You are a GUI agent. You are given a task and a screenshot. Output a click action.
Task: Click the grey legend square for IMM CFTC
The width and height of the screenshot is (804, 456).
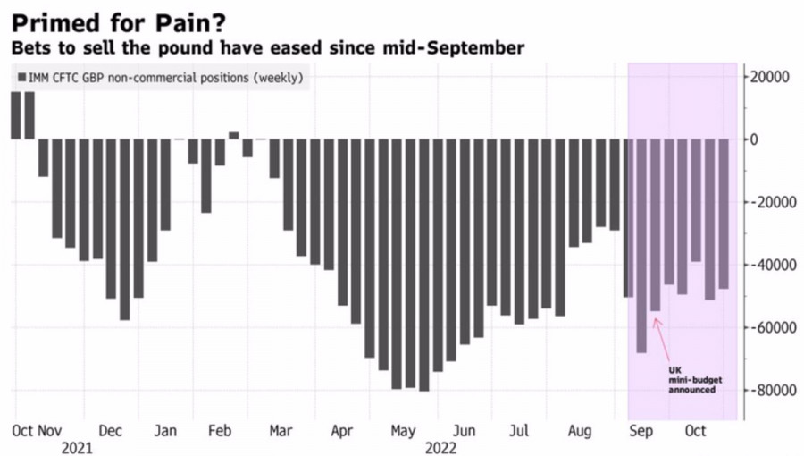click(21, 78)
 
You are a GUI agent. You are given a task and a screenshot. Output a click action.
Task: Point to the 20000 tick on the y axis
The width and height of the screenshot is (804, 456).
click(771, 77)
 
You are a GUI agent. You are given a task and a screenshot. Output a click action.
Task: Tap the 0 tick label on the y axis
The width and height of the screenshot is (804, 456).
click(755, 139)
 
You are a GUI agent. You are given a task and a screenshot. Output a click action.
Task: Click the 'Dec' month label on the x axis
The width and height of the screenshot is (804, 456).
click(110, 431)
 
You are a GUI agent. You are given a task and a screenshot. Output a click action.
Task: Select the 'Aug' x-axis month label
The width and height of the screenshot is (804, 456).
click(581, 431)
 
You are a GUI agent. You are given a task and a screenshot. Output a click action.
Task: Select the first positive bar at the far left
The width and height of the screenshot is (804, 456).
click(15, 115)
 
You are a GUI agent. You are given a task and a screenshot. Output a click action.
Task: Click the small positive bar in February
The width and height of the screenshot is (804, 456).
click(234, 135)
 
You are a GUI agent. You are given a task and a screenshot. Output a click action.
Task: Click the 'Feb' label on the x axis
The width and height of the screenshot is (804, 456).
click(220, 431)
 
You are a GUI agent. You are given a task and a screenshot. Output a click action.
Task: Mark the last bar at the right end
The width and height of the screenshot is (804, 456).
click(724, 214)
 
